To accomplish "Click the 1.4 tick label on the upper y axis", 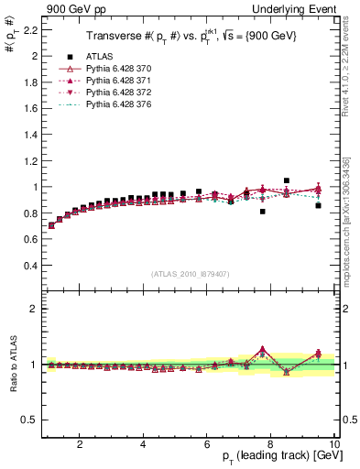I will coord(27,135).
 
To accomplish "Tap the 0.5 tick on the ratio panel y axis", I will coord(27,420).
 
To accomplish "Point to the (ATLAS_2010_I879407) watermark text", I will coord(189,272).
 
